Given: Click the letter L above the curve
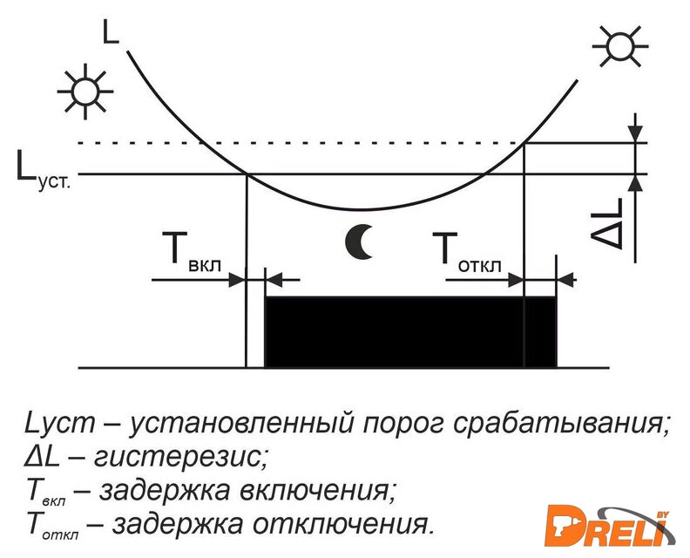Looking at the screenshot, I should [x=111, y=32].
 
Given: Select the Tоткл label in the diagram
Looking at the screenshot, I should [x=469, y=253].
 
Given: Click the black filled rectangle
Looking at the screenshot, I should [x=409, y=332].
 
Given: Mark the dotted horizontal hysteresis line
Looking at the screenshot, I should [x=348, y=143].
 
